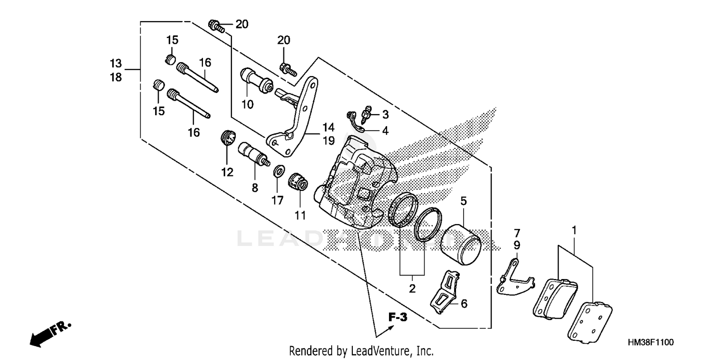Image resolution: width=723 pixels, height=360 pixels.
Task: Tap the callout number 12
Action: pyautogui.click(x=227, y=172)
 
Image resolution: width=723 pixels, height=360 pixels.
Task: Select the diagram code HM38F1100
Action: pyautogui.click(x=650, y=342)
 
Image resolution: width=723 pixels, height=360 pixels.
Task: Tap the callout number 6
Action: pyautogui.click(x=464, y=304)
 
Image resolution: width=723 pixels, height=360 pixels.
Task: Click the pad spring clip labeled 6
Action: pyautogui.click(x=444, y=291)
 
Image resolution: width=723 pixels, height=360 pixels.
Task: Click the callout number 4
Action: pyautogui.click(x=385, y=130)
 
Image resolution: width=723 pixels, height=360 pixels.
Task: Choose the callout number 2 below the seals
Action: pyautogui.click(x=412, y=289)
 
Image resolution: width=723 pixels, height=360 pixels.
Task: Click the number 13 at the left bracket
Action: pyautogui.click(x=116, y=64)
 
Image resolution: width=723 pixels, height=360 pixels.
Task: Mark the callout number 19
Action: pyautogui.click(x=328, y=141)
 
